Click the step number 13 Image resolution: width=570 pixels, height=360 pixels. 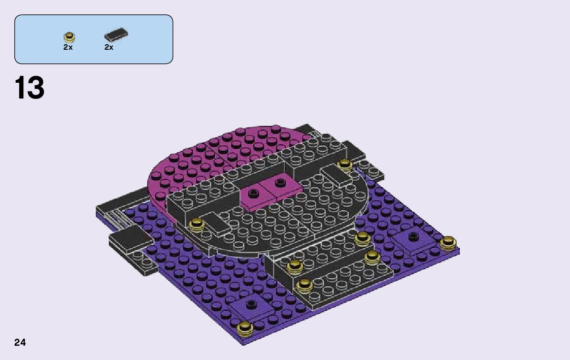(x=29, y=88)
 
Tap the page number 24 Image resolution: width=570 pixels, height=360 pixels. (x=20, y=342)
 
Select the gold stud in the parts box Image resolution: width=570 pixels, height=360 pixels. (x=69, y=37)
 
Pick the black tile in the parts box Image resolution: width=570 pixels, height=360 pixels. (x=116, y=35)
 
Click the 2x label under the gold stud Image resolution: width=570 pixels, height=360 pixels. (x=68, y=47)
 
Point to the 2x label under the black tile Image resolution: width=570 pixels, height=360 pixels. (x=109, y=47)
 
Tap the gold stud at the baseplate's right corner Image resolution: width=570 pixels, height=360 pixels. (x=448, y=243)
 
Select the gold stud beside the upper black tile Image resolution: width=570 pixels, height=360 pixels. (x=344, y=165)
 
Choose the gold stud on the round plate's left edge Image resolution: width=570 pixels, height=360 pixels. (x=197, y=224)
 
